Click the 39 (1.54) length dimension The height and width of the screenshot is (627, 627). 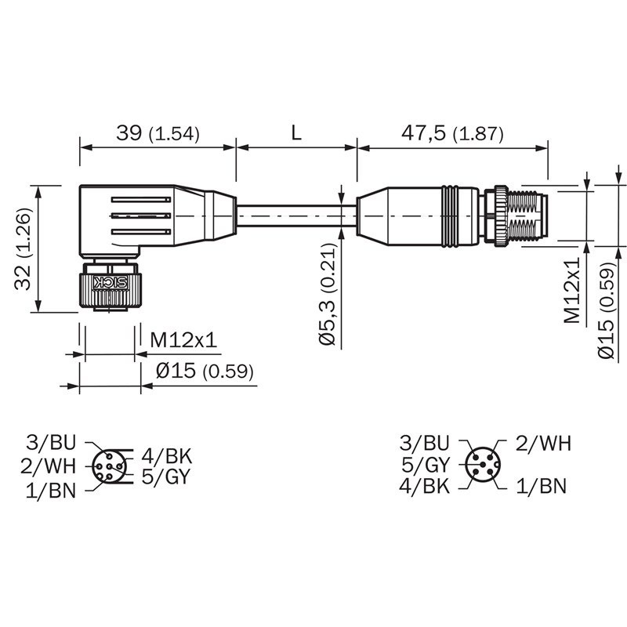point(158,133)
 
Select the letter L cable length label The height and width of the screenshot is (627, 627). point(296,132)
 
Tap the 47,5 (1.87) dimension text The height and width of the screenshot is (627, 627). point(452,133)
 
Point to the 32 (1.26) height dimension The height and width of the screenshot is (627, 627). point(23,248)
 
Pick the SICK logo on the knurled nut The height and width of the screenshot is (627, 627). point(110,283)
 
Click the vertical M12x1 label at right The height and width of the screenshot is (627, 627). point(572,289)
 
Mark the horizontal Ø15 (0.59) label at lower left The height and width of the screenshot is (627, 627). point(205,371)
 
